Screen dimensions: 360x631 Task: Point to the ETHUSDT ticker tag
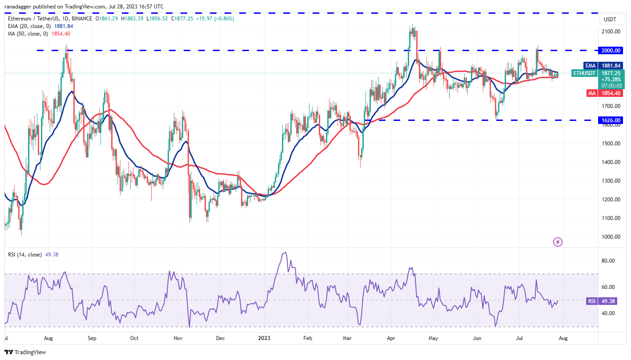click(583, 73)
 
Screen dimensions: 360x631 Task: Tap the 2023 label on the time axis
click(264, 338)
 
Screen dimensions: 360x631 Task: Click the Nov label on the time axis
click(178, 338)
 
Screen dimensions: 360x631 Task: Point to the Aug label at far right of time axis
click(563, 338)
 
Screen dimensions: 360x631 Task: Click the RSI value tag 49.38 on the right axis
click(609, 301)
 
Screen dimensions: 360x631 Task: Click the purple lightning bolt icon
click(558, 242)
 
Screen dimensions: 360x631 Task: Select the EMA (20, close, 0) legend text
click(28, 26)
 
